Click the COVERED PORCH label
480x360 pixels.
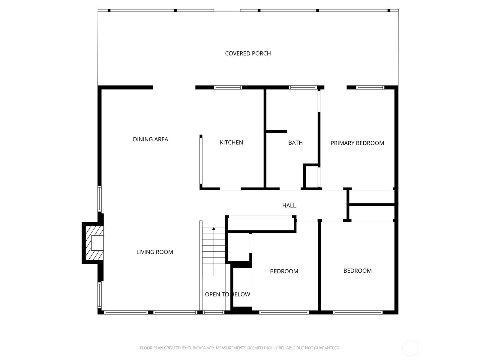[x=248, y=53]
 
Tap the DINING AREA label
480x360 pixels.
[x=150, y=139]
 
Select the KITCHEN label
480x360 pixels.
[x=231, y=142]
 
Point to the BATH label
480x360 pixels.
[x=295, y=143]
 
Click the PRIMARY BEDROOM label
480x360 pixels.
[x=357, y=143]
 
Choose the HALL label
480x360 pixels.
[x=289, y=205]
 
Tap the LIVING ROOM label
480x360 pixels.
[x=154, y=252]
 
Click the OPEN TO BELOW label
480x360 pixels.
[x=227, y=294]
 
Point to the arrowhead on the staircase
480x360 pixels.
[x=214, y=229]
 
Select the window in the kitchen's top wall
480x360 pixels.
[x=228, y=88]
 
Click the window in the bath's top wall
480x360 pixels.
[x=303, y=88]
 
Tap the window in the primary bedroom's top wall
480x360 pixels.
[x=370, y=88]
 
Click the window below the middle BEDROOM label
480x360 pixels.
[x=284, y=312]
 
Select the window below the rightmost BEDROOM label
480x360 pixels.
[x=358, y=312]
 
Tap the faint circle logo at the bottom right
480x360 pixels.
[x=410, y=348]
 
